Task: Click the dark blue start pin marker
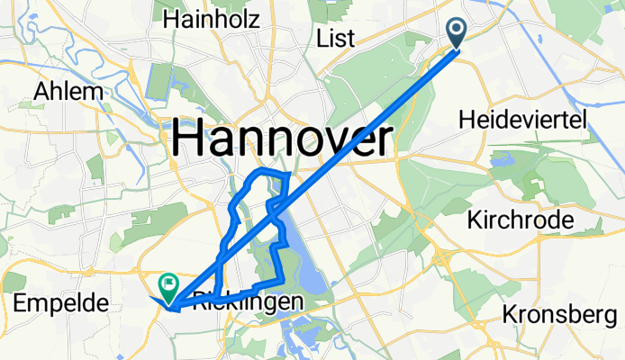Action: click(456, 33)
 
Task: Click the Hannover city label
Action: click(282, 140)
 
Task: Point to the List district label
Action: click(337, 38)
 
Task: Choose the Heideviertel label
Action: click(522, 119)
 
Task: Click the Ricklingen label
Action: click(244, 304)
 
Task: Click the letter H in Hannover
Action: click(186, 140)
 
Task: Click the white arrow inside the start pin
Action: click(456, 30)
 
